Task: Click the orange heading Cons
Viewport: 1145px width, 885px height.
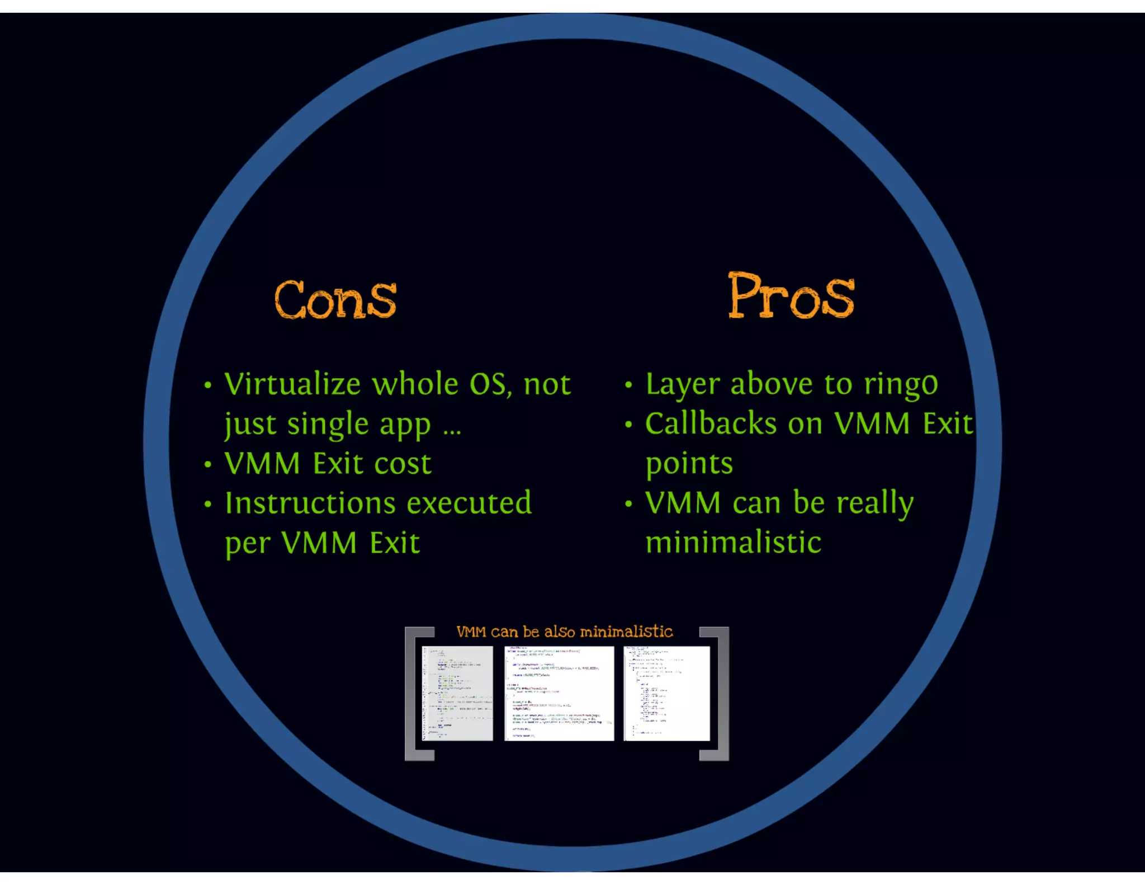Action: point(335,300)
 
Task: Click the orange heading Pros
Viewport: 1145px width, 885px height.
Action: point(791,296)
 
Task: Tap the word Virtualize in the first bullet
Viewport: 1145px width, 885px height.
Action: point(292,384)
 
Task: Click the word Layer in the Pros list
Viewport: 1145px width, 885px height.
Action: point(682,385)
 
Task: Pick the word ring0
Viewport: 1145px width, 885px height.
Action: point(901,385)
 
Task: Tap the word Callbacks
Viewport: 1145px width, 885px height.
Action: point(711,424)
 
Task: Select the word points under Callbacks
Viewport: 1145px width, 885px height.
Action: point(689,465)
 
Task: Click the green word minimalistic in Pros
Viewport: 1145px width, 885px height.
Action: point(733,543)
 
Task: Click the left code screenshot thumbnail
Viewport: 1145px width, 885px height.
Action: point(457,693)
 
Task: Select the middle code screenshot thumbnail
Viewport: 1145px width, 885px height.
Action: point(559,693)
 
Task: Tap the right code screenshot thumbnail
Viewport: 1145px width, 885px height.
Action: point(666,693)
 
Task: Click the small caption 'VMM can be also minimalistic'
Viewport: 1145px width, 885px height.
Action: point(565,632)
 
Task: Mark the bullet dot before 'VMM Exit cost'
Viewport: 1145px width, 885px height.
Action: point(208,465)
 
